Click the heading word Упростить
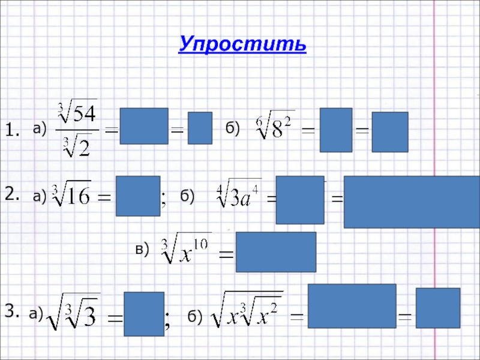point(242,44)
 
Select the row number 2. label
point(13,192)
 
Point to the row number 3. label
point(13,310)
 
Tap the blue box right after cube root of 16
point(138,196)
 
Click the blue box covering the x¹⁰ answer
point(276,252)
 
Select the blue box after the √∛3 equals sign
point(144,313)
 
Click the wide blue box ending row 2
point(411,202)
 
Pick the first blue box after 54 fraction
point(144,126)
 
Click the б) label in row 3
point(195,316)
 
